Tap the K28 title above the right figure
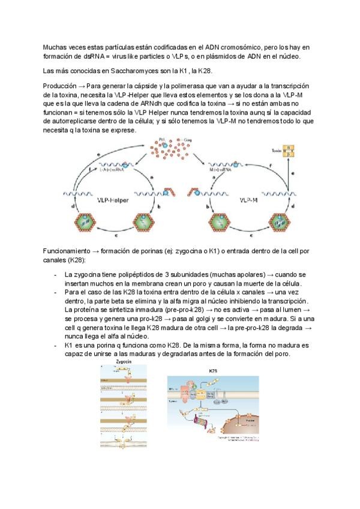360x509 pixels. coord(213,371)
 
